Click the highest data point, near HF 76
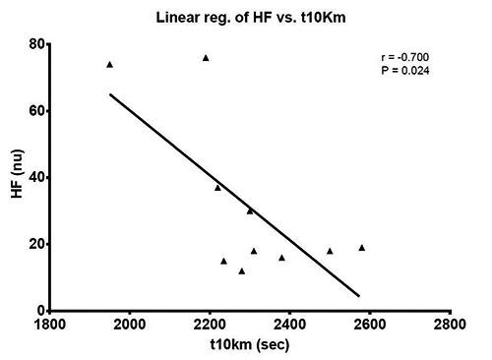click(x=206, y=58)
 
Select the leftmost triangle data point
click(x=109, y=65)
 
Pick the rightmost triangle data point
click(x=362, y=248)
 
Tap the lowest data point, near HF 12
click(x=241, y=270)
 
